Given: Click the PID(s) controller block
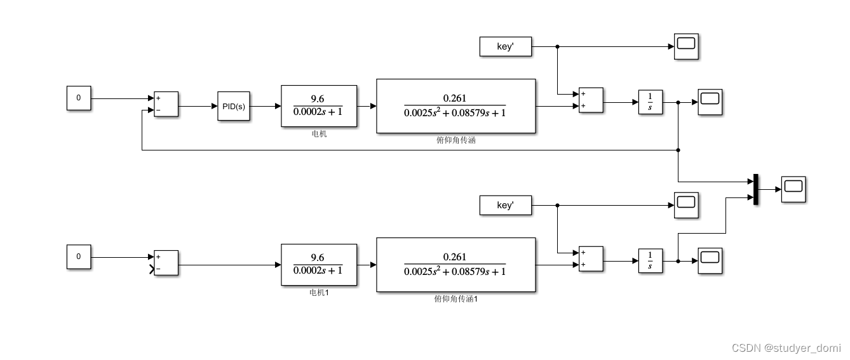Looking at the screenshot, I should click(233, 106).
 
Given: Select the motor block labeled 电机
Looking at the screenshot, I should click(318, 106).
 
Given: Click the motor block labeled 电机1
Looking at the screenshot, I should click(318, 264).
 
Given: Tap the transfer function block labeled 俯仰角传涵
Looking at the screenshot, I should click(455, 106).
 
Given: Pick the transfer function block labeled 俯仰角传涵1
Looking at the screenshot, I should click(455, 264).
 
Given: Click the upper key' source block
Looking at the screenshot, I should click(505, 46).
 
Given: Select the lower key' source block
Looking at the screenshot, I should click(505, 205).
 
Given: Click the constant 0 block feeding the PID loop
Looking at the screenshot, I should click(79, 98).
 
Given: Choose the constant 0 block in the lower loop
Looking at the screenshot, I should click(79, 257).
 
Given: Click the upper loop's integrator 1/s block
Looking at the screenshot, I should click(650, 102).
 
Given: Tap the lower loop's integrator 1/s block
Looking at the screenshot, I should click(650, 261).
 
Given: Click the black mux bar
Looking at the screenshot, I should click(756, 189).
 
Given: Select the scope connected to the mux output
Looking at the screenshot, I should click(793, 189).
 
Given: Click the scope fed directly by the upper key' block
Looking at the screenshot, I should click(686, 46).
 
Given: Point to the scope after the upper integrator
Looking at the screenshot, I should click(710, 102).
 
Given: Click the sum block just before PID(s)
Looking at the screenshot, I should click(166, 104).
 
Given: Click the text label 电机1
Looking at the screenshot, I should click(318, 293).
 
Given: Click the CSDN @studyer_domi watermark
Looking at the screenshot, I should click(786, 347).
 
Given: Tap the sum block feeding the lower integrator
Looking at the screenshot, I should click(591, 259).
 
